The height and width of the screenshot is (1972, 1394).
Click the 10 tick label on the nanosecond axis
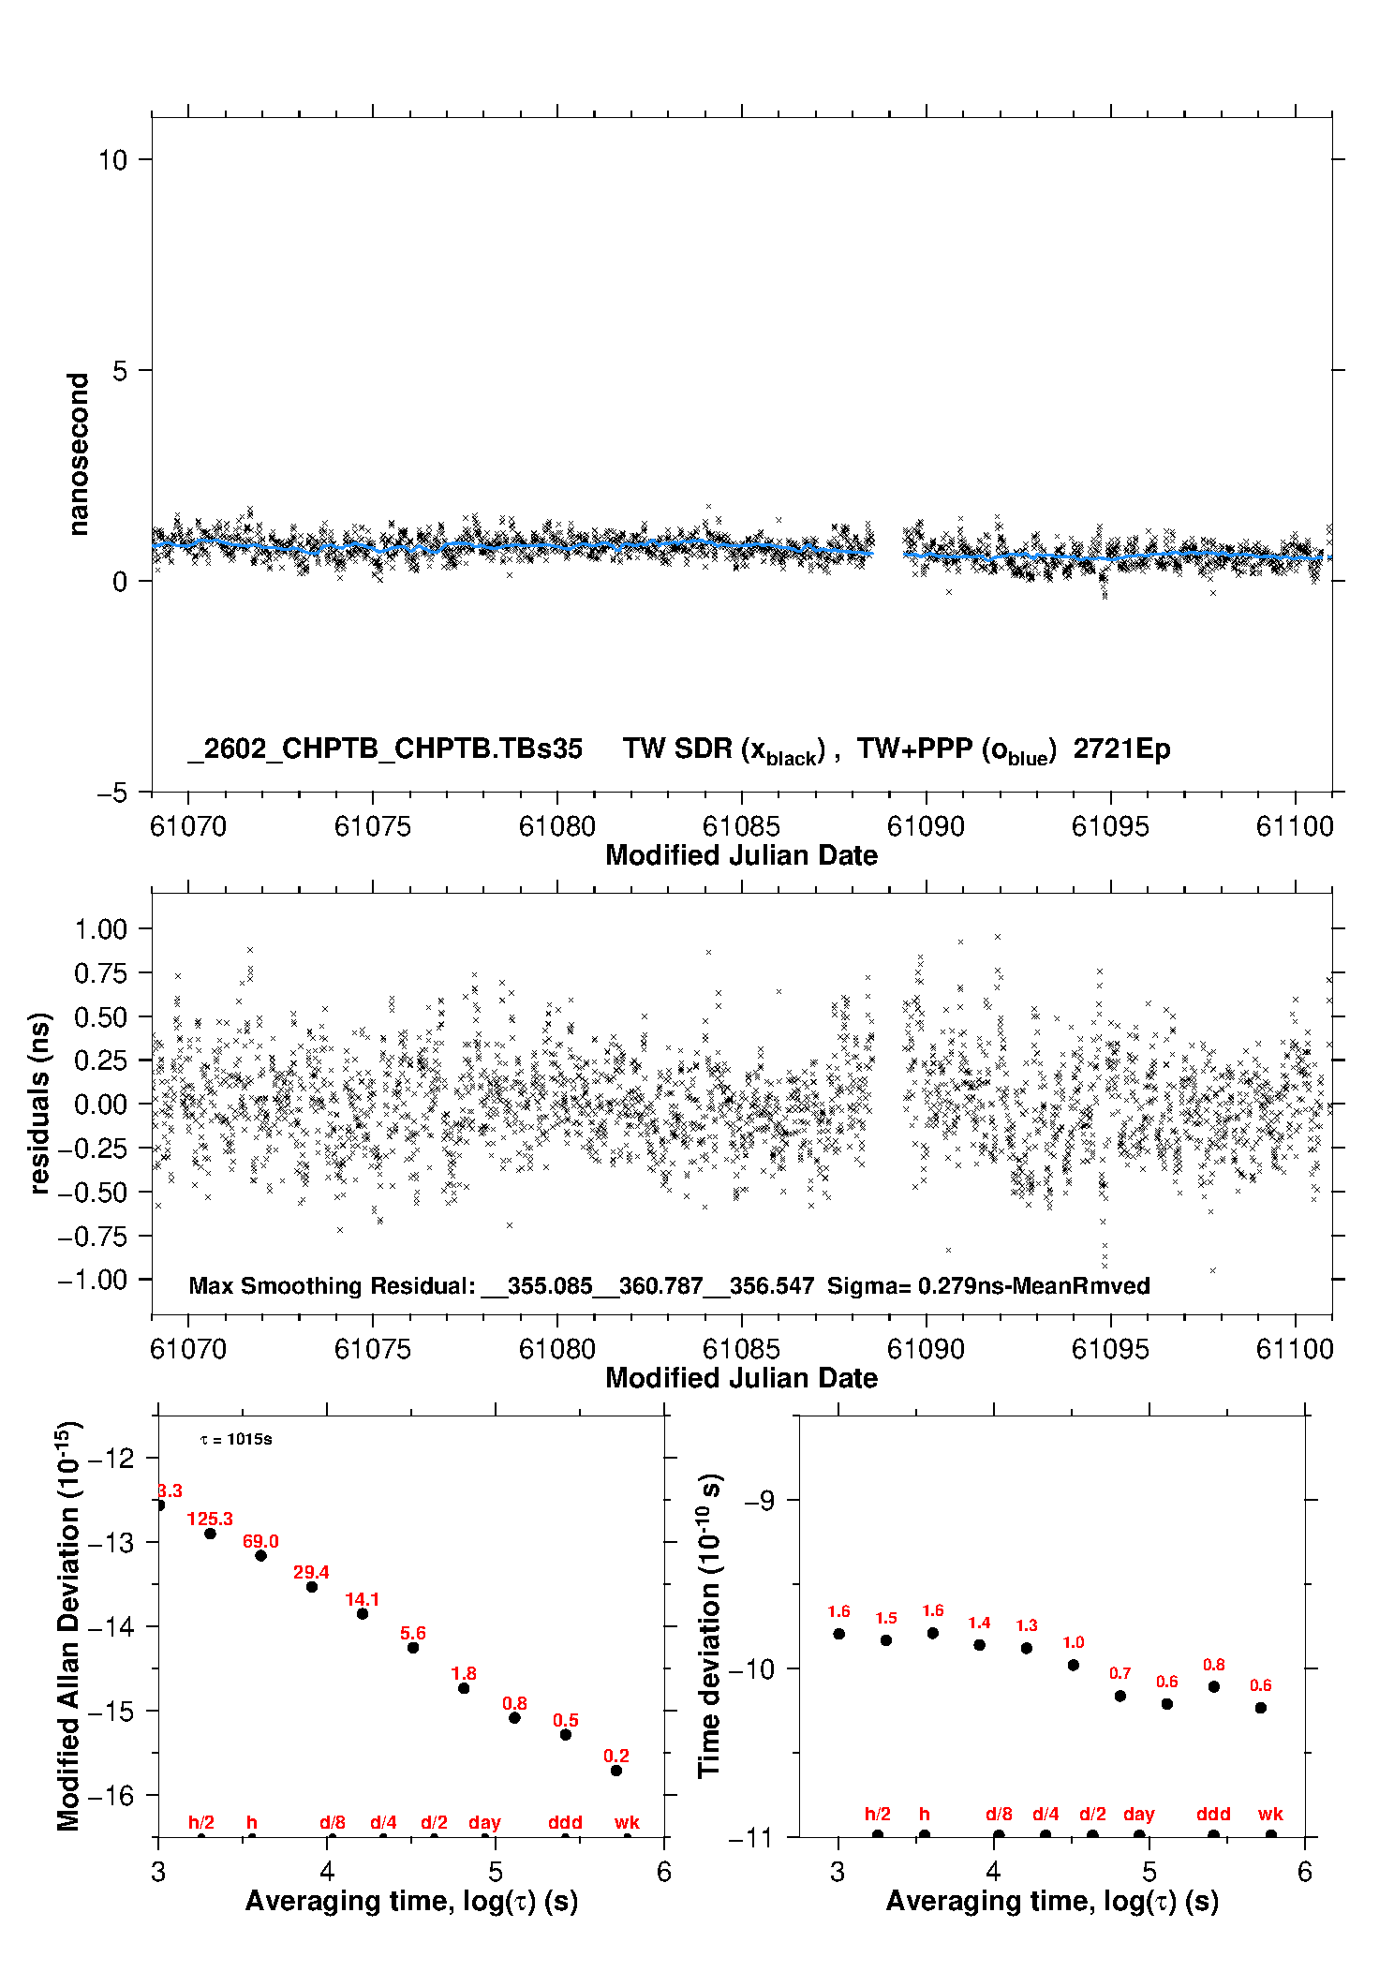[112, 160]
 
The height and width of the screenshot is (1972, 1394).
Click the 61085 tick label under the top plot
[741, 826]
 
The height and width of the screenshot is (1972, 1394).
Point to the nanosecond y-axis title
[79, 454]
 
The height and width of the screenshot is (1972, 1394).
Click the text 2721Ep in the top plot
[1121, 749]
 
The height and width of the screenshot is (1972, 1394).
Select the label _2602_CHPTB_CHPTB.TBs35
[385, 749]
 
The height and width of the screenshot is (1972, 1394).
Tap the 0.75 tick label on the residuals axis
[100, 973]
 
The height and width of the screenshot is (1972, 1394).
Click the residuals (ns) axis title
[39, 1104]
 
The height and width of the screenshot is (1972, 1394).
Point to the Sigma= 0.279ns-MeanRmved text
[988, 1286]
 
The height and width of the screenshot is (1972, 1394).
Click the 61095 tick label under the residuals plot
[1110, 1349]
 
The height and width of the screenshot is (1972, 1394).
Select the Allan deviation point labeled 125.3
[211, 1534]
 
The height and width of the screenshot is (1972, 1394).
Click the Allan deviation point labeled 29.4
[312, 1587]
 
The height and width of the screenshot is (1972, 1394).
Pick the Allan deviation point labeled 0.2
[616, 1771]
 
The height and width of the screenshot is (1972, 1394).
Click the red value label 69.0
[260, 1541]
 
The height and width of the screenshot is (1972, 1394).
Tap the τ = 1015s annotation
[236, 1439]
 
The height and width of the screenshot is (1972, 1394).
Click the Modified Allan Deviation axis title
[68, 1625]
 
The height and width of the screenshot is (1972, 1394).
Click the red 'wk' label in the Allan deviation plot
[627, 1822]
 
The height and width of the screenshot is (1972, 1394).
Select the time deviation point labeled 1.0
[1074, 1665]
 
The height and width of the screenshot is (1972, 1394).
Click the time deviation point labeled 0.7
[1120, 1696]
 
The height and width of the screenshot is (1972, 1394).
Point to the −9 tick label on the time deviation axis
[759, 1501]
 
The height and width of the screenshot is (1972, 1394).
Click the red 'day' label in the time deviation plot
[1139, 1814]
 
